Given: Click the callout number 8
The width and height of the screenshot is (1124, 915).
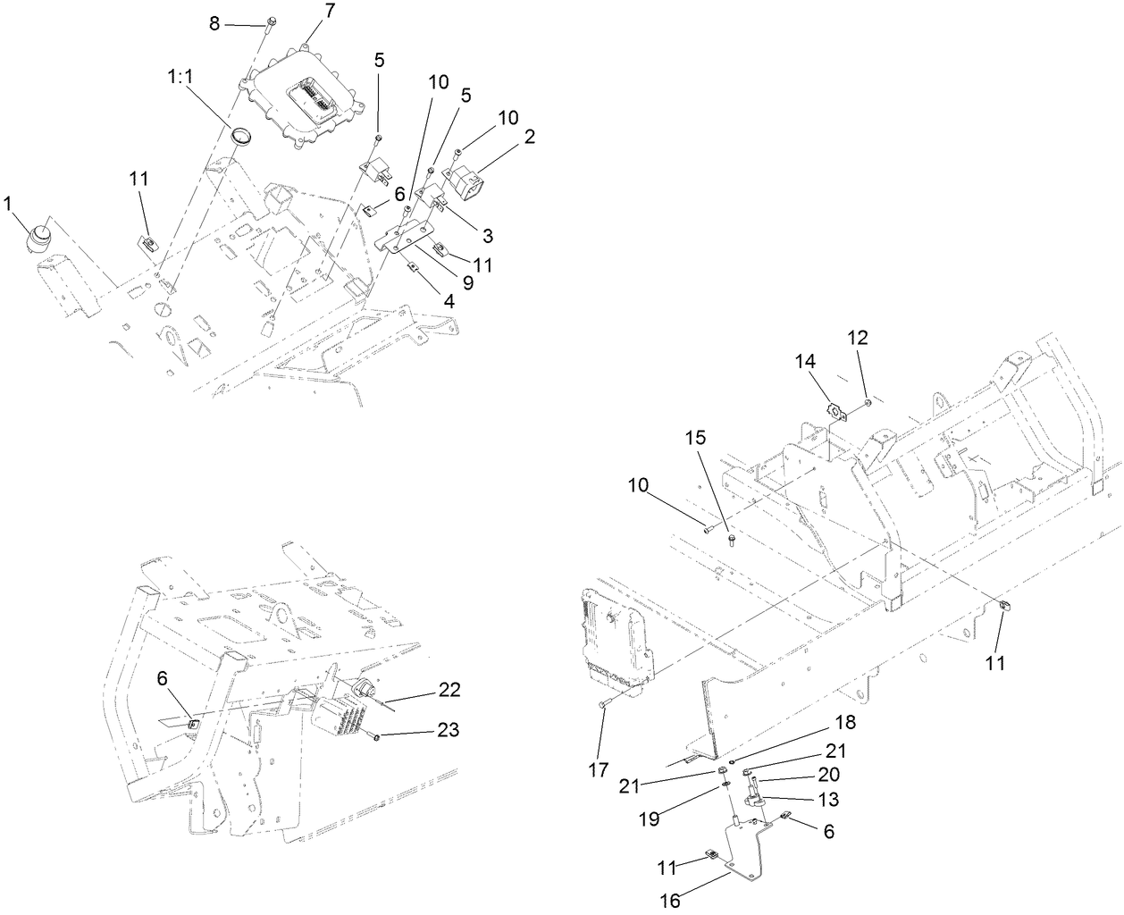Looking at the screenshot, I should pyautogui.click(x=214, y=23).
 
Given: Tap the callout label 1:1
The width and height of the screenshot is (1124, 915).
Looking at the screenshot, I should pyautogui.click(x=180, y=78).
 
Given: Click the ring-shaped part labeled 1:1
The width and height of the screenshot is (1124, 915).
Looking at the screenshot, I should pyautogui.click(x=240, y=137).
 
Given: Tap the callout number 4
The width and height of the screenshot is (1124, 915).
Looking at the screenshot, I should pyautogui.click(x=449, y=302).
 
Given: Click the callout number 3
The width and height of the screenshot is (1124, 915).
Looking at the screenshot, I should pyautogui.click(x=488, y=235).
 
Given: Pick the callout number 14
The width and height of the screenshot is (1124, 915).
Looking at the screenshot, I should pyautogui.click(x=805, y=360).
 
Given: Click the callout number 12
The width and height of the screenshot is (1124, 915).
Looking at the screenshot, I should pyautogui.click(x=858, y=338).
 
